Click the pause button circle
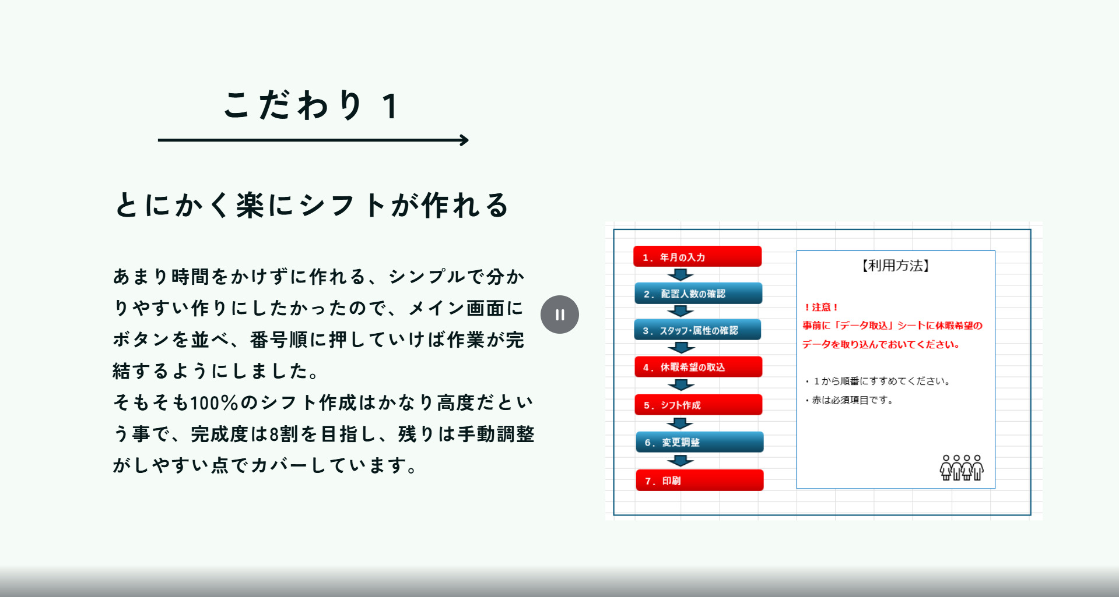pyautogui.click(x=560, y=315)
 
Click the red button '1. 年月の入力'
pyautogui.click(x=697, y=256)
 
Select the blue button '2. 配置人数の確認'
pyautogui.click(x=699, y=293)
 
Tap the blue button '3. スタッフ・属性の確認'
pyautogui.click(x=697, y=330)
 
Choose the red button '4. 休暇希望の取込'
pyautogui.click(x=699, y=367)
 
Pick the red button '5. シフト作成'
pyautogui.click(x=699, y=405)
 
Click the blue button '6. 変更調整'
pyautogui.click(x=700, y=442)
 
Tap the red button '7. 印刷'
pyautogui.click(x=700, y=481)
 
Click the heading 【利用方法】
pyautogui.click(x=896, y=266)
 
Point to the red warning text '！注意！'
pyautogui.click(x=821, y=307)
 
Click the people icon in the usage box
pyautogui.click(x=962, y=468)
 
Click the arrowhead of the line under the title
pyautogui.click(x=465, y=140)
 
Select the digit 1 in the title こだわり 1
pyautogui.click(x=390, y=107)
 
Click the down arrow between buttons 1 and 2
pyautogui.click(x=680, y=274)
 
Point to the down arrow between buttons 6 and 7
pyautogui.click(x=680, y=461)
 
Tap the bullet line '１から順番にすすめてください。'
pyautogui.click(x=878, y=381)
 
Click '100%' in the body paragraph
pyautogui.click(x=214, y=402)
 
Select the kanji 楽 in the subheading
pyautogui.click(x=250, y=205)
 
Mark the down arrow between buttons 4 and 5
pyautogui.click(x=680, y=384)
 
